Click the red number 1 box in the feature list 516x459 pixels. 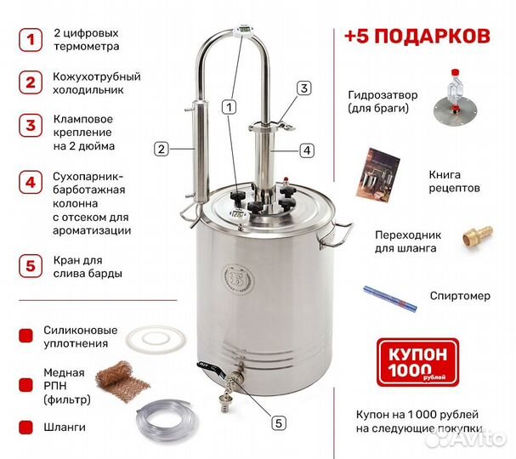[31, 40]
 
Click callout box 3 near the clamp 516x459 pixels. [304, 88]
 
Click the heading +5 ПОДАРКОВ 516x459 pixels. [417, 37]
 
